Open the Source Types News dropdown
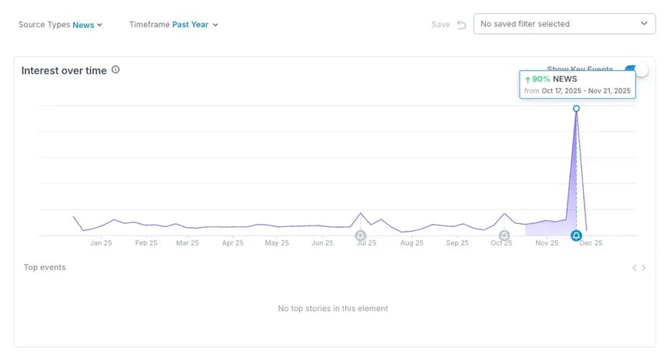click(87, 25)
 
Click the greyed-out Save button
click(440, 25)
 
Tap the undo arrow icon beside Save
click(461, 25)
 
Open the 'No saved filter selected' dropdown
click(564, 24)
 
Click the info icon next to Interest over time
click(116, 70)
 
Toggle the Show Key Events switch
click(636, 70)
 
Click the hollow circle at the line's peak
click(576, 109)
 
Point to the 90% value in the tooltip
click(540, 79)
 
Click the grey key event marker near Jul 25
click(360, 236)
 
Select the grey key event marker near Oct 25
click(504, 236)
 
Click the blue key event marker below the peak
click(576, 236)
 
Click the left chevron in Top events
click(635, 268)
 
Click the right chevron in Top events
click(644, 268)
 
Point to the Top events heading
click(44, 267)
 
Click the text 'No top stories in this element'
click(333, 309)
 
